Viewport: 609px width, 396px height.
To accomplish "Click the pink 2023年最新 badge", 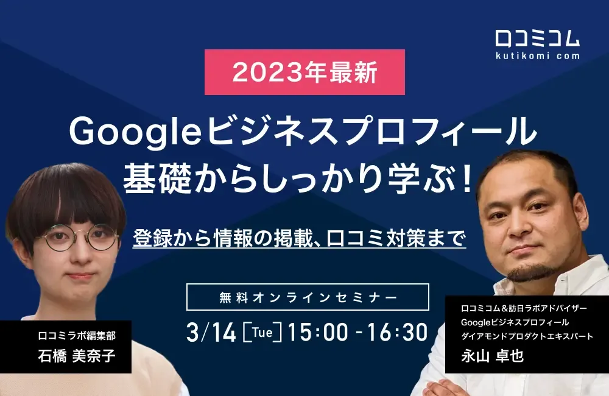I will [304, 72].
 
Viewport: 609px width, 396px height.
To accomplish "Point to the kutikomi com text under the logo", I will [537, 55].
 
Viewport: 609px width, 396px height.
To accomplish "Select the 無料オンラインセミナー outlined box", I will [308, 297].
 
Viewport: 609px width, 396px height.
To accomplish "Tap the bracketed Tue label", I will [262, 333].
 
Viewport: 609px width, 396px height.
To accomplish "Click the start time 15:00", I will [318, 333].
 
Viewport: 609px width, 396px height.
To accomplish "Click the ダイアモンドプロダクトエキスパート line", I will [527, 336].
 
